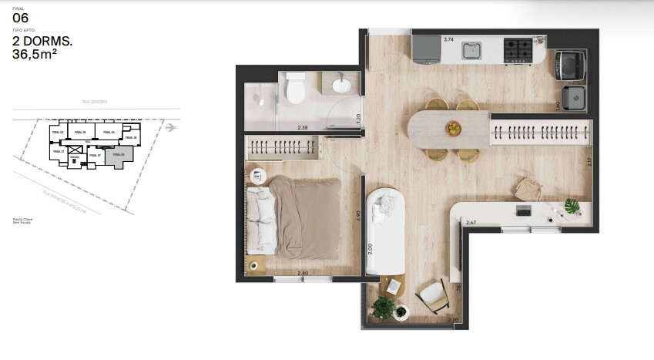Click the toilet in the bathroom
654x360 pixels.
294,89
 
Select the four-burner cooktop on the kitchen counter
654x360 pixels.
518,50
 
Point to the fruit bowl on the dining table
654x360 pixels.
452,128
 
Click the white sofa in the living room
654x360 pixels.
385,230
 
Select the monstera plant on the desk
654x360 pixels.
572,206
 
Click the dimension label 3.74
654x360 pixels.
448,39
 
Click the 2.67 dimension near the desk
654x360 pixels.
472,223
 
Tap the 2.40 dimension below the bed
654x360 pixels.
303,273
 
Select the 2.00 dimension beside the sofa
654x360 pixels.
370,249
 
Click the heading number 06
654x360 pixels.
21,17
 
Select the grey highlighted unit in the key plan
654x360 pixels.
119,156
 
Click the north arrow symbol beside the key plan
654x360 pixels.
170,127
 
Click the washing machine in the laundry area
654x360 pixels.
571,66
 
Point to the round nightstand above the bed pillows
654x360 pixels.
258,176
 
